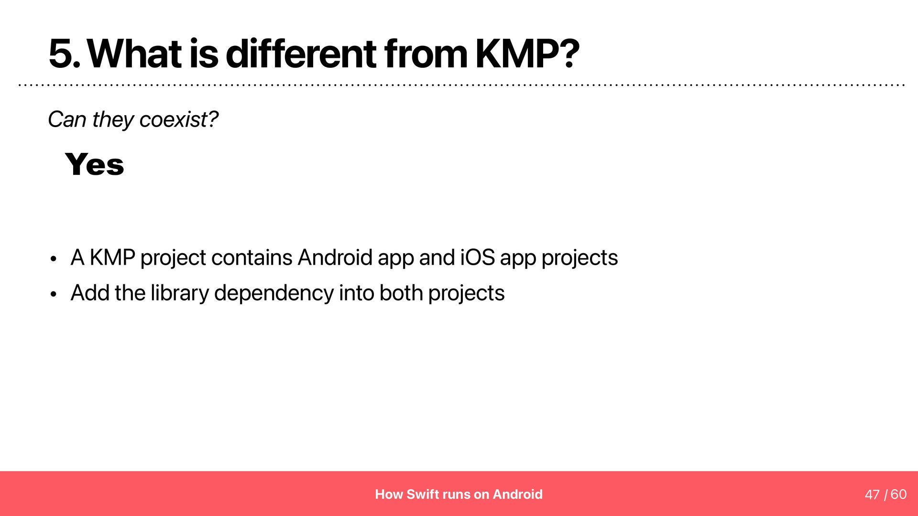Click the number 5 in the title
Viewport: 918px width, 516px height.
pyautogui.click(x=61, y=54)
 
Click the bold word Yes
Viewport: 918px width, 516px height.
pyautogui.click(x=95, y=164)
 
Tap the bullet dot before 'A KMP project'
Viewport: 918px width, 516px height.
pyautogui.click(x=54, y=259)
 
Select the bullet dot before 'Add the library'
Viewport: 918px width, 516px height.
pyautogui.click(x=54, y=294)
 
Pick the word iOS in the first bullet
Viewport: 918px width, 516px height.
pyautogui.click(x=478, y=258)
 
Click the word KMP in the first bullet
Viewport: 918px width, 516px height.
pyautogui.click(x=112, y=258)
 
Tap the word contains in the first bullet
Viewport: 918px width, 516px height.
pyautogui.click(x=251, y=258)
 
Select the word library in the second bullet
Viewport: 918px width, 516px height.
pyautogui.click(x=180, y=293)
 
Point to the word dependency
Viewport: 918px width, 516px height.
pyautogui.click(x=274, y=293)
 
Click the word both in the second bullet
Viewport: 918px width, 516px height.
pyautogui.click(x=401, y=293)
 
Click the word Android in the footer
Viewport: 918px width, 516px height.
pyautogui.click(x=518, y=494)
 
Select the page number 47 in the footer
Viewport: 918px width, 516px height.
pyautogui.click(x=872, y=494)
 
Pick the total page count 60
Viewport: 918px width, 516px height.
pyautogui.click(x=899, y=494)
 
